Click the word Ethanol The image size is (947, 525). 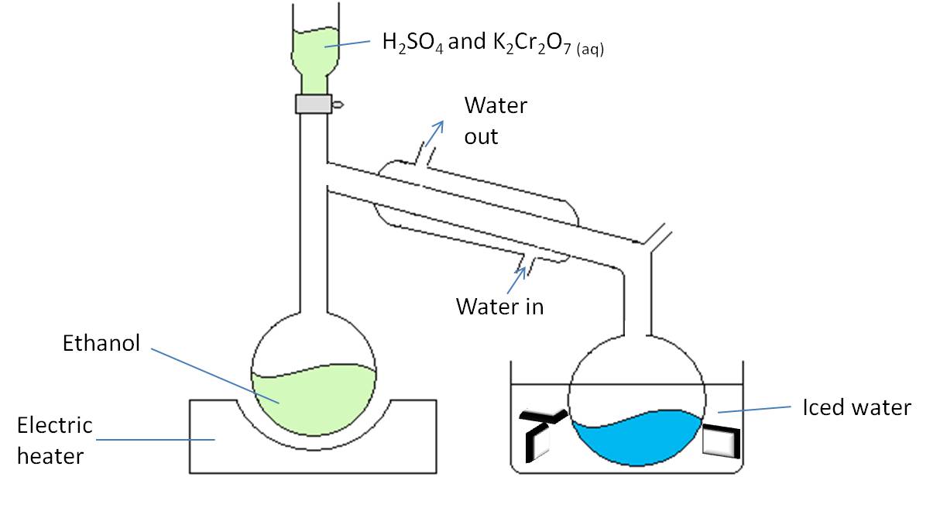coord(101,343)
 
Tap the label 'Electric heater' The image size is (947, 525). coord(54,440)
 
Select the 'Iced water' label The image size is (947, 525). coord(856,407)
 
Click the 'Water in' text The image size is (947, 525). coord(499,307)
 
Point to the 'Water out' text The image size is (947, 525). coord(495,121)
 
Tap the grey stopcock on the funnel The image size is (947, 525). coord(314,103)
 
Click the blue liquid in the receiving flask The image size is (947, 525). coord(636,437)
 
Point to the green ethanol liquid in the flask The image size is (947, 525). coord(314,399)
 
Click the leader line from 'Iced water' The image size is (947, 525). coord(754,409)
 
